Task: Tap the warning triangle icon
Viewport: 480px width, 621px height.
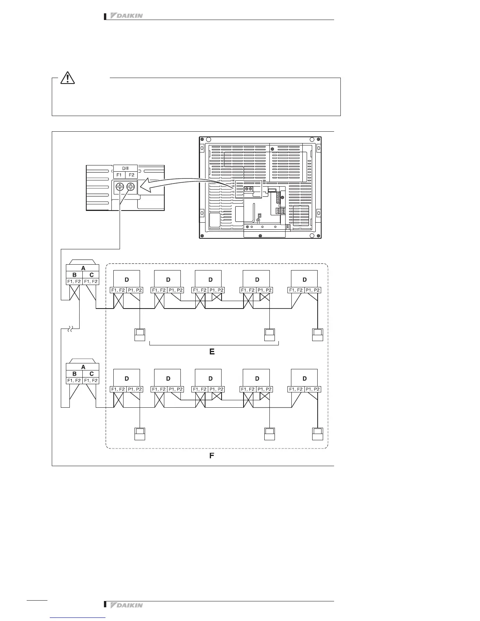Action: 67,78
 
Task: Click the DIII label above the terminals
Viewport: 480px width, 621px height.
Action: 125,168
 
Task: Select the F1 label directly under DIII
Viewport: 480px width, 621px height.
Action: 119,175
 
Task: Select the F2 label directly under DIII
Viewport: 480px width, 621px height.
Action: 131,175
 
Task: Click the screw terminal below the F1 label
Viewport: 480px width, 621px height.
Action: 119,187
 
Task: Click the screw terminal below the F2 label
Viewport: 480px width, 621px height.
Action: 131,187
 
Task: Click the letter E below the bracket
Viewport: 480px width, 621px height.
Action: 212,352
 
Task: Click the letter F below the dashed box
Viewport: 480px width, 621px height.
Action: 212,456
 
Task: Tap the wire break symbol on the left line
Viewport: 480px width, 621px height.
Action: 71,329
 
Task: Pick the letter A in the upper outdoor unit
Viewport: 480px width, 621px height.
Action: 83,268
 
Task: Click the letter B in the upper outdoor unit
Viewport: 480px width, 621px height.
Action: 75,275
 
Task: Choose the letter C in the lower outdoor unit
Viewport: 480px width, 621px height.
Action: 91,374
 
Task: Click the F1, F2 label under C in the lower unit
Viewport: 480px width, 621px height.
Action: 91,381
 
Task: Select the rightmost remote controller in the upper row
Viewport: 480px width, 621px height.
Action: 317,334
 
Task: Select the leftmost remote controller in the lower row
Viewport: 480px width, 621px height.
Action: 140,434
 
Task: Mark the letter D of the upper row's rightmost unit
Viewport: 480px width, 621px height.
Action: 305,280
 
